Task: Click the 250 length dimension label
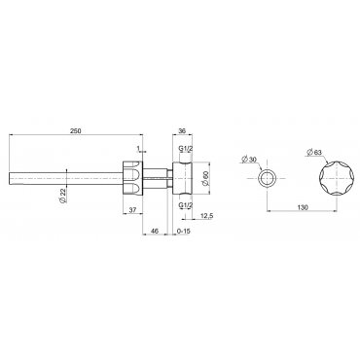76,130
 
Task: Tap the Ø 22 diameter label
63,196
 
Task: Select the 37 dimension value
132,210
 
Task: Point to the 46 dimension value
155,231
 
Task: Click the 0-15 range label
183,231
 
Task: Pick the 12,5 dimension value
206,216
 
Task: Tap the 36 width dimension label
182,130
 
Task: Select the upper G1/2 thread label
186,149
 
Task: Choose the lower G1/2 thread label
186,204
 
